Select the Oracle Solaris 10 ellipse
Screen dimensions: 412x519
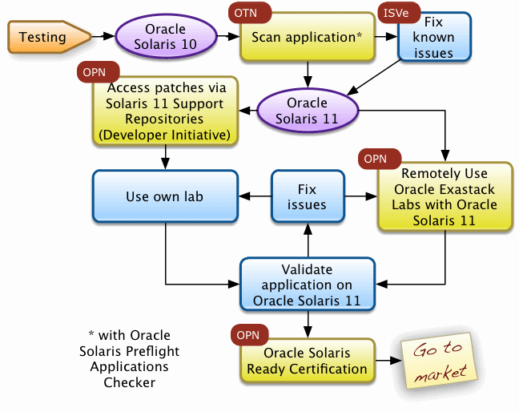point(166,37)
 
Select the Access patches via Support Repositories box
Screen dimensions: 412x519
point(166,111)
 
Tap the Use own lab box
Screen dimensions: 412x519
point(165,196)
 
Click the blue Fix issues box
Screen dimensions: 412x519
point(307,196)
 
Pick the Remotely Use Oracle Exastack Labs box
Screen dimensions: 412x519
point(444,196)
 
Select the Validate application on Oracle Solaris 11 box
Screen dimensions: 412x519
point(307,284)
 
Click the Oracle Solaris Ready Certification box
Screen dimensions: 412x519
point(307,362)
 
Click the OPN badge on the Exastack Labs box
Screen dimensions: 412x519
point(376,159)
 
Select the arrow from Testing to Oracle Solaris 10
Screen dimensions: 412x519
point(102,37)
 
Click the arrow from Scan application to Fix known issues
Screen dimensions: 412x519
point(387,37)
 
